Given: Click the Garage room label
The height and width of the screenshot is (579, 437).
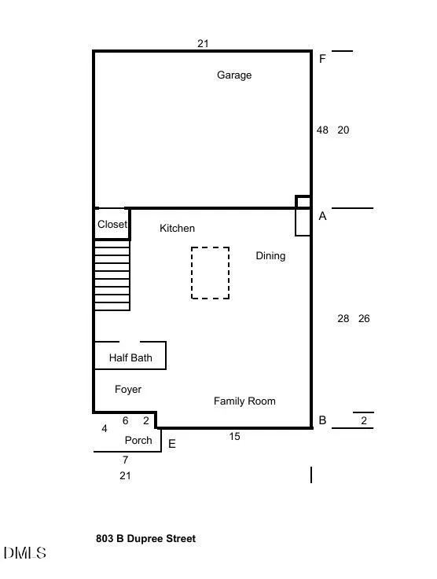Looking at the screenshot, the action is point(234,75).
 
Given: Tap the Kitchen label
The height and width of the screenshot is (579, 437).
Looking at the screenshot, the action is point(177,228).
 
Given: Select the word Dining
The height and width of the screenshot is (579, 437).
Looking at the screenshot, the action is point(270,256).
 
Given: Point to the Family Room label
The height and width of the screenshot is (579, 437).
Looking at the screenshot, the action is point(244,401).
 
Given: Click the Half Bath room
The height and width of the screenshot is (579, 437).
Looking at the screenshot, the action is point(130,355).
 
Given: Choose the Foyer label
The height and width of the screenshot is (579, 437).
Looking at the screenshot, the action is point(128,390).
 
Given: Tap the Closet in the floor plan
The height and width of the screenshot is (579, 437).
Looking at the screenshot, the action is point(112,224).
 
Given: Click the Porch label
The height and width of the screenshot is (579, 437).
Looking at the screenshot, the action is point(138,441).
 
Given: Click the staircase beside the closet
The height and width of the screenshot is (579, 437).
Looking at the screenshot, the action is point(112,276).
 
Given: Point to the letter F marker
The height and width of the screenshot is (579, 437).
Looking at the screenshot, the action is point(322,59).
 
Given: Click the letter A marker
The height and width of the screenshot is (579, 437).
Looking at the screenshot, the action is point(322,216).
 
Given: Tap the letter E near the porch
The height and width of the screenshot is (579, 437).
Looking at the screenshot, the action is point(172,444).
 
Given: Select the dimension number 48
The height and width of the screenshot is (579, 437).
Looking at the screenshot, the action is point(322,130).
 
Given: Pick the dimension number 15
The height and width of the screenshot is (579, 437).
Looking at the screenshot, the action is point(234,437).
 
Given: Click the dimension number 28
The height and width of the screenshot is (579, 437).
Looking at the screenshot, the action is point(343,319).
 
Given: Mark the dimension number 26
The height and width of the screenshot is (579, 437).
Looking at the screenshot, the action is point(364,319).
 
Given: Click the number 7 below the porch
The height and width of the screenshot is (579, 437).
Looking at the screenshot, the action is point(126,460).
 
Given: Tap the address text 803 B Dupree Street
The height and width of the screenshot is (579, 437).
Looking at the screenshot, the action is point(146,539).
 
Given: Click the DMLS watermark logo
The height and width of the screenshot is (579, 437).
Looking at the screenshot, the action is point(24,553).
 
